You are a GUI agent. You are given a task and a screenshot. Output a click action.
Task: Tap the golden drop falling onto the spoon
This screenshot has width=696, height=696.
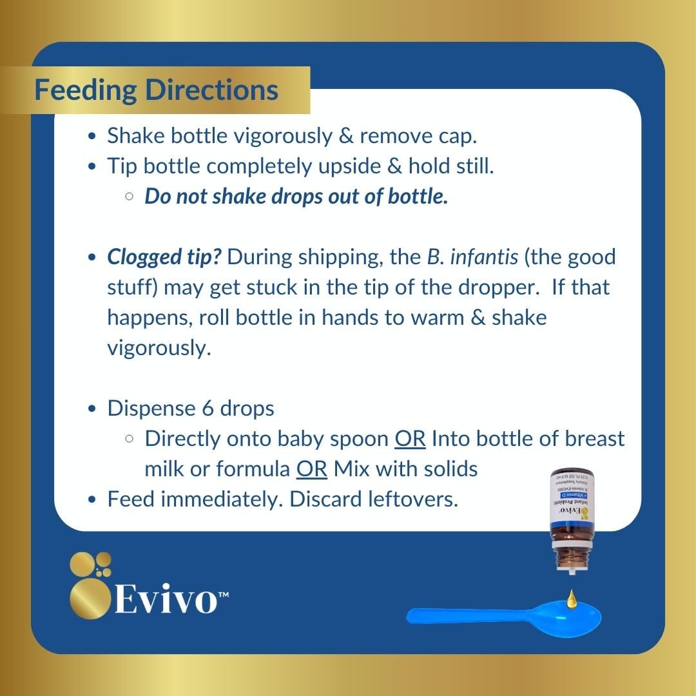(571, 599)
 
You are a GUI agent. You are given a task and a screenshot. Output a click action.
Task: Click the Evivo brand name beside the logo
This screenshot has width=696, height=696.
(169, 599)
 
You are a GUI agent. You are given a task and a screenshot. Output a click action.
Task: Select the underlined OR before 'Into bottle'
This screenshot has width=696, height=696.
(410, 438)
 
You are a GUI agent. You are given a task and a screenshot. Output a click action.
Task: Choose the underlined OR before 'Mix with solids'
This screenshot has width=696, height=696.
(312, 469)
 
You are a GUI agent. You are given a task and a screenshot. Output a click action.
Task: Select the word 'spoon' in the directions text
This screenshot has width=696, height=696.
(360, 438)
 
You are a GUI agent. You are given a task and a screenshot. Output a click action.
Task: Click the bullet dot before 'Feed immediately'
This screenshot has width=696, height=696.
(93, 499)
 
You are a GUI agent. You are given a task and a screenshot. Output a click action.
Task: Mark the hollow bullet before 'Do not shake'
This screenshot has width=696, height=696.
(130, 197)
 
